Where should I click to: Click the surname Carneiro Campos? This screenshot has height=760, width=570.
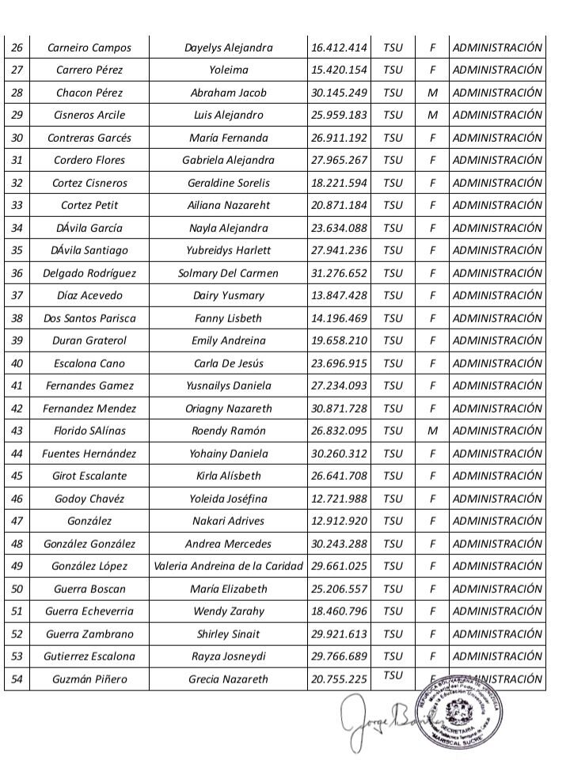click(89, 47)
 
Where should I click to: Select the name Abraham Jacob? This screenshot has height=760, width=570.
click(228, 93)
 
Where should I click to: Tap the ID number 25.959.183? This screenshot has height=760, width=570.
click(339, 115)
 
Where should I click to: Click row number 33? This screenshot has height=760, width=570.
click(17, 206)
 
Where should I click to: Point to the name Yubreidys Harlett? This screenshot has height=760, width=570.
click(228, 251)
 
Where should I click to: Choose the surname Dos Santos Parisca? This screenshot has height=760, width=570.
click(89, 318)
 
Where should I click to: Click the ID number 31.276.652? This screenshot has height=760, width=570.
click(339, 273)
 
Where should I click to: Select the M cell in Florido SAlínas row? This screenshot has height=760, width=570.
click(433, 431)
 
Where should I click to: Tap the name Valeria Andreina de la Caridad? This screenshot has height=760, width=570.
click(228, 567)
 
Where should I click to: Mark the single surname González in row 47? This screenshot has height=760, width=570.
click(89, 521)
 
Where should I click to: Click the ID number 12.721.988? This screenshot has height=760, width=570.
click(339, 499)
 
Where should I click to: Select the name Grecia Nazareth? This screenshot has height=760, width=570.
click(228, 679)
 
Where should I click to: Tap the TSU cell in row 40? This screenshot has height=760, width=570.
click(392, 363)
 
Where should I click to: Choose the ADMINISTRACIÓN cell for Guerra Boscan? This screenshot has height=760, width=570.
click(497, 589)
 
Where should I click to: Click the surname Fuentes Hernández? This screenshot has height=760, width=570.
click(89, 454)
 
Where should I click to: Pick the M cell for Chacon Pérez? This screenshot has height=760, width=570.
click(433, 93)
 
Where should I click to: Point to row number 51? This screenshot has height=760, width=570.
click(17, 612)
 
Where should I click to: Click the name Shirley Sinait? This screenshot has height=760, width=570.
click(228, 634)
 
